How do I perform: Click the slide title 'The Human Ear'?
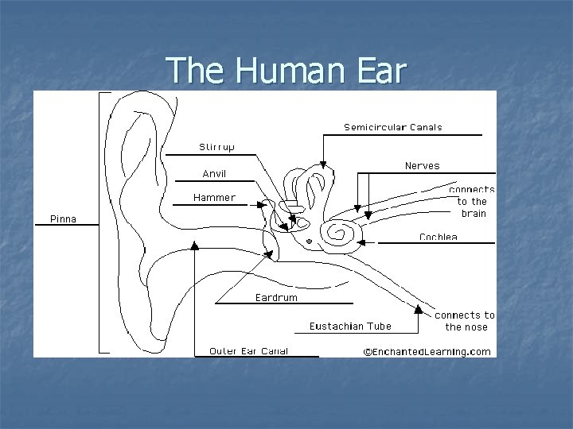[286, 71]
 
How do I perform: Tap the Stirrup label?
[216, 147]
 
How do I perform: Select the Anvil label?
[214, 174]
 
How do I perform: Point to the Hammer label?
[214, 198]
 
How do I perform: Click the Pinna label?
[64, 219]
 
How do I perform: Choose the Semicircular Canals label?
[392, 127]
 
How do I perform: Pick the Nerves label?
[422, 166]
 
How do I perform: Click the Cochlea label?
[439, 237]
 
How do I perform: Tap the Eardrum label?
[276, 298]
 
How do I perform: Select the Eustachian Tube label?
[350, 326]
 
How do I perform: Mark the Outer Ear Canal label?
[248, 350]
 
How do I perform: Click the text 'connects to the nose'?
[466, 321]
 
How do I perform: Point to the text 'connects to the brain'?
[472, 202]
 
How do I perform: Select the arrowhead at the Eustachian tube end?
[419, 307]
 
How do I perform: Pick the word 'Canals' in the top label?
[426, 127]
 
